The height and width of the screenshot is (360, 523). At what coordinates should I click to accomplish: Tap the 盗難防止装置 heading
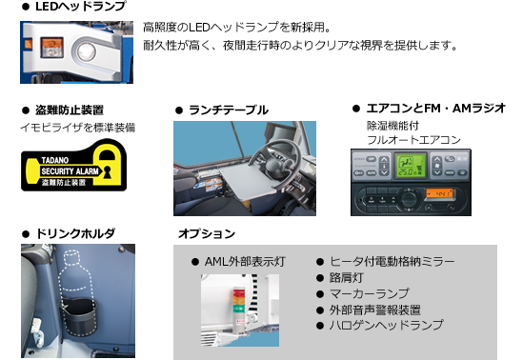click(x=69, y=110)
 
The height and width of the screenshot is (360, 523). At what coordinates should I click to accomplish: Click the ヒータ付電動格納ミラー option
click(x=392, y=260)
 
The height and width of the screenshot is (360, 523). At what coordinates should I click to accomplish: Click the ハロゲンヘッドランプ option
click(x=386, y=325)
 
